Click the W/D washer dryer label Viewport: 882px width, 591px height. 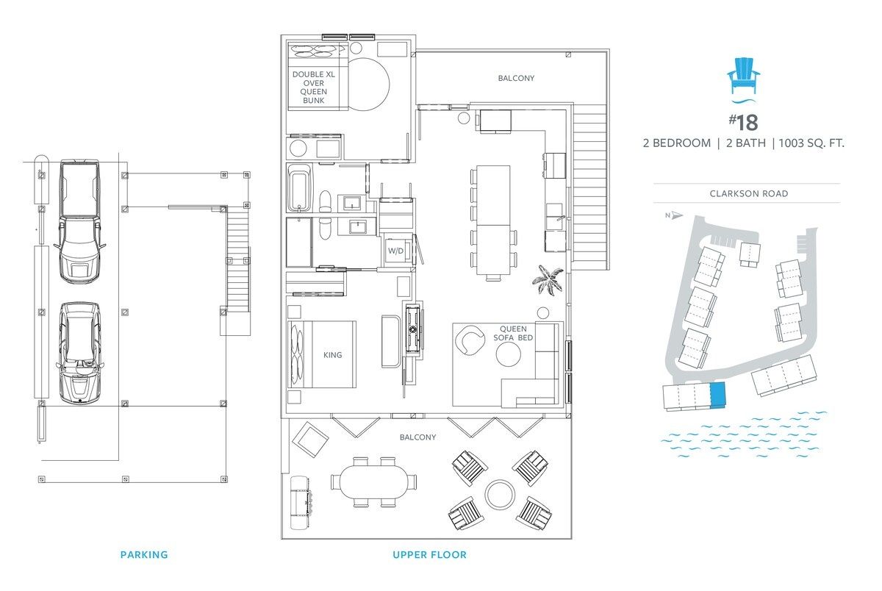(395, 251)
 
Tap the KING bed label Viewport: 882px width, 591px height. (332, 355)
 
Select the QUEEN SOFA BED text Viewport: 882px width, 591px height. (513, 333)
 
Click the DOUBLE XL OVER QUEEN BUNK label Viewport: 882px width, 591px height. (313, 87)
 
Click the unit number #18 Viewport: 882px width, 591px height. (743, 123)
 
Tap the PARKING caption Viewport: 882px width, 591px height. (144, 555)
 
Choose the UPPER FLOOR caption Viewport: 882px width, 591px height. (429, 555)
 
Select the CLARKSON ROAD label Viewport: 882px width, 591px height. (748, 194)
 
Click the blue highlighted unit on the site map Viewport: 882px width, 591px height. (718, 395)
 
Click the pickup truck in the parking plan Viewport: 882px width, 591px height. (79, 221)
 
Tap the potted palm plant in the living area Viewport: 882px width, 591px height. (548, 279)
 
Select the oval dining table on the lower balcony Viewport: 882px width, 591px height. (373, 482)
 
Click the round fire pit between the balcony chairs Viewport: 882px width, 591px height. (499, 494)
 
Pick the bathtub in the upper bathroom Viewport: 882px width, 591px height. (299, 188)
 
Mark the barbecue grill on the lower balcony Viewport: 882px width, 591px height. (301, 502)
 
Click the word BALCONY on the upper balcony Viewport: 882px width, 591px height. (516, 79)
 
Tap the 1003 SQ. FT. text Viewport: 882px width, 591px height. (811, 143)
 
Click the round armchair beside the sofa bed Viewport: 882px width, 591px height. (470, 340)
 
